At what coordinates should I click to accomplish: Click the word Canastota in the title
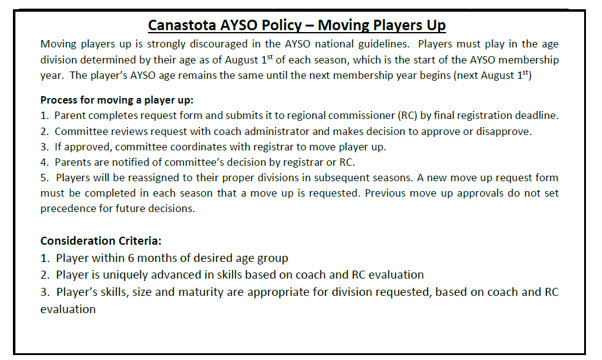[182, 25]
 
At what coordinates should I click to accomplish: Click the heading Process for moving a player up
[116, 100]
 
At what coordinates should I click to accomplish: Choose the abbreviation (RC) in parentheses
[407, 116]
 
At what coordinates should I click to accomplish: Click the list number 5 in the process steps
[44, 178]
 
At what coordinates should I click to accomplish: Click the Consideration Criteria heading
[101, 241]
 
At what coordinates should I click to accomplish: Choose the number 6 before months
[131, 258]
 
